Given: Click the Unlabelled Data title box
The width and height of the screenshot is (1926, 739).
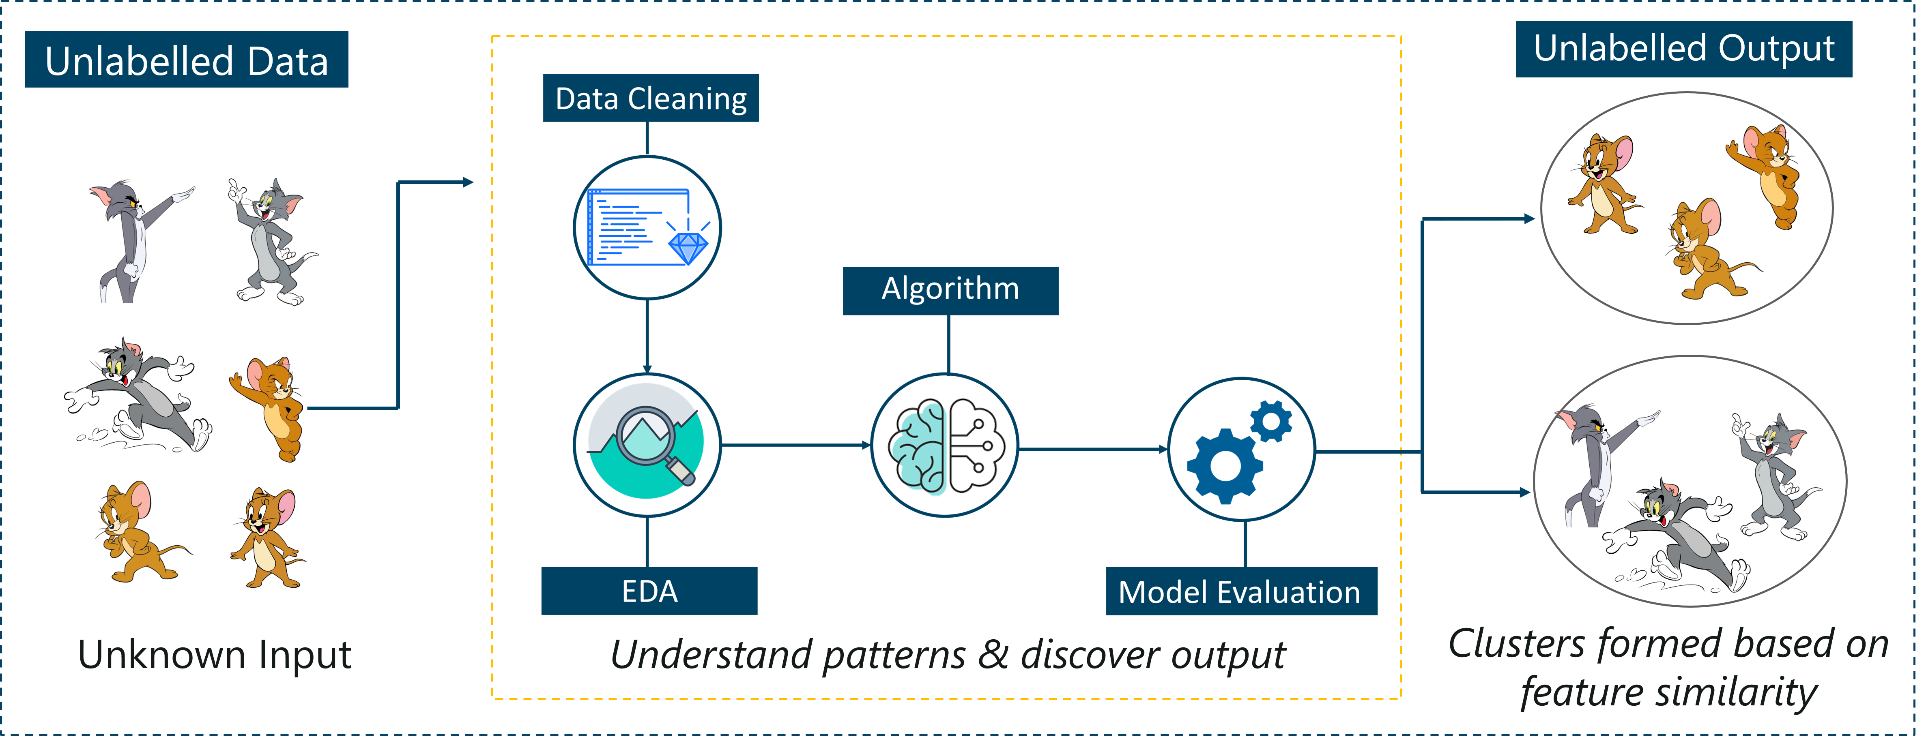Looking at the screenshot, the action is pos(187,60).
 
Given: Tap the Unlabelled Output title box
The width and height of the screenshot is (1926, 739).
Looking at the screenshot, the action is pos(1684,49).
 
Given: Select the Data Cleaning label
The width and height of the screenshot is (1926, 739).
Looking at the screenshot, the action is pos(651,98).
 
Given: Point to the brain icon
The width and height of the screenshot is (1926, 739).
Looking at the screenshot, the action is pos(946,446).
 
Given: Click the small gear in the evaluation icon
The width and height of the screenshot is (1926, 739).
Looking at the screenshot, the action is pos(1270,421).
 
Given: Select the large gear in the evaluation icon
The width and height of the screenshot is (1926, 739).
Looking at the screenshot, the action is pos(1225,466).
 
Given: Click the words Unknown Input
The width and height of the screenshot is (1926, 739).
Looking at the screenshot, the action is pos(215,655).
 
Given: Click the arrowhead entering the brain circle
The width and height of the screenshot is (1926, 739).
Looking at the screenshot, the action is pos(866,446).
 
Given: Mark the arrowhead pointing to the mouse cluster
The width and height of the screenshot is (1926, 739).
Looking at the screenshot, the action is pos(1529,219).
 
